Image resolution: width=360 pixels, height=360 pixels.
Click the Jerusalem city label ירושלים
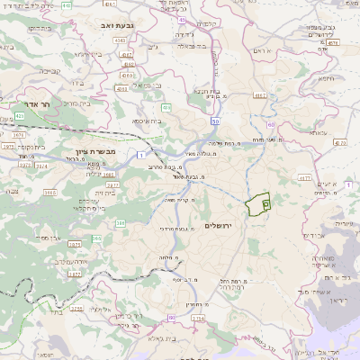[x=219, y=225]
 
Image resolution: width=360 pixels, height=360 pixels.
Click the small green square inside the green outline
[x=265, y=204]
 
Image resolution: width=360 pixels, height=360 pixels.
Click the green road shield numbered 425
[x=19, y=116]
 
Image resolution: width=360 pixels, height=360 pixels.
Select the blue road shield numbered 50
[x=215, y=120]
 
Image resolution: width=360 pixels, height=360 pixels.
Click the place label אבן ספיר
[x=54, y=239]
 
